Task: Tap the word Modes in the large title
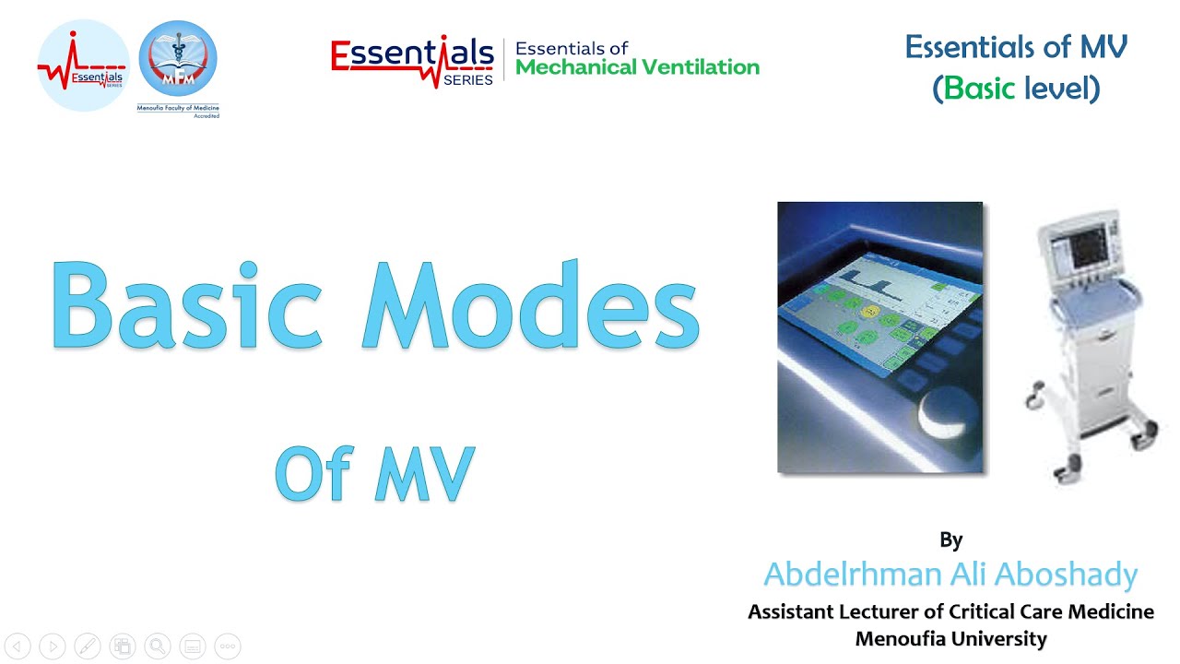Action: pyautogui.click(x=530, y=304)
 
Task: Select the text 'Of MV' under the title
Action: pyautogui.click(x=374, y=474)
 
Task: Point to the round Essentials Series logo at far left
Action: pyautogui.click(x=83, y=65)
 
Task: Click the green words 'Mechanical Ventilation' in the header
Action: pyautogui.click(x=637, y=67)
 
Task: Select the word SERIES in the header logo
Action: pyautogui.click(x=467, y=80)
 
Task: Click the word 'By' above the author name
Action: pyautogui.click(x=950, y=539)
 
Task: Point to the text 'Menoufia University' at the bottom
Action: pyautogui.click(x=950, y=638)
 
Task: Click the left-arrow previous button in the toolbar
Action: pyautogui.click(x=18, y=646)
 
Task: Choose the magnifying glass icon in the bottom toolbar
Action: pyautogui.click(x=158, y=646)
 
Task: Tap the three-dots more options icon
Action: pyautogui.click(x=228, y=646)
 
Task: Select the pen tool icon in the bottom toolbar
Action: pyautogui.click(x=88, y=646)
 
